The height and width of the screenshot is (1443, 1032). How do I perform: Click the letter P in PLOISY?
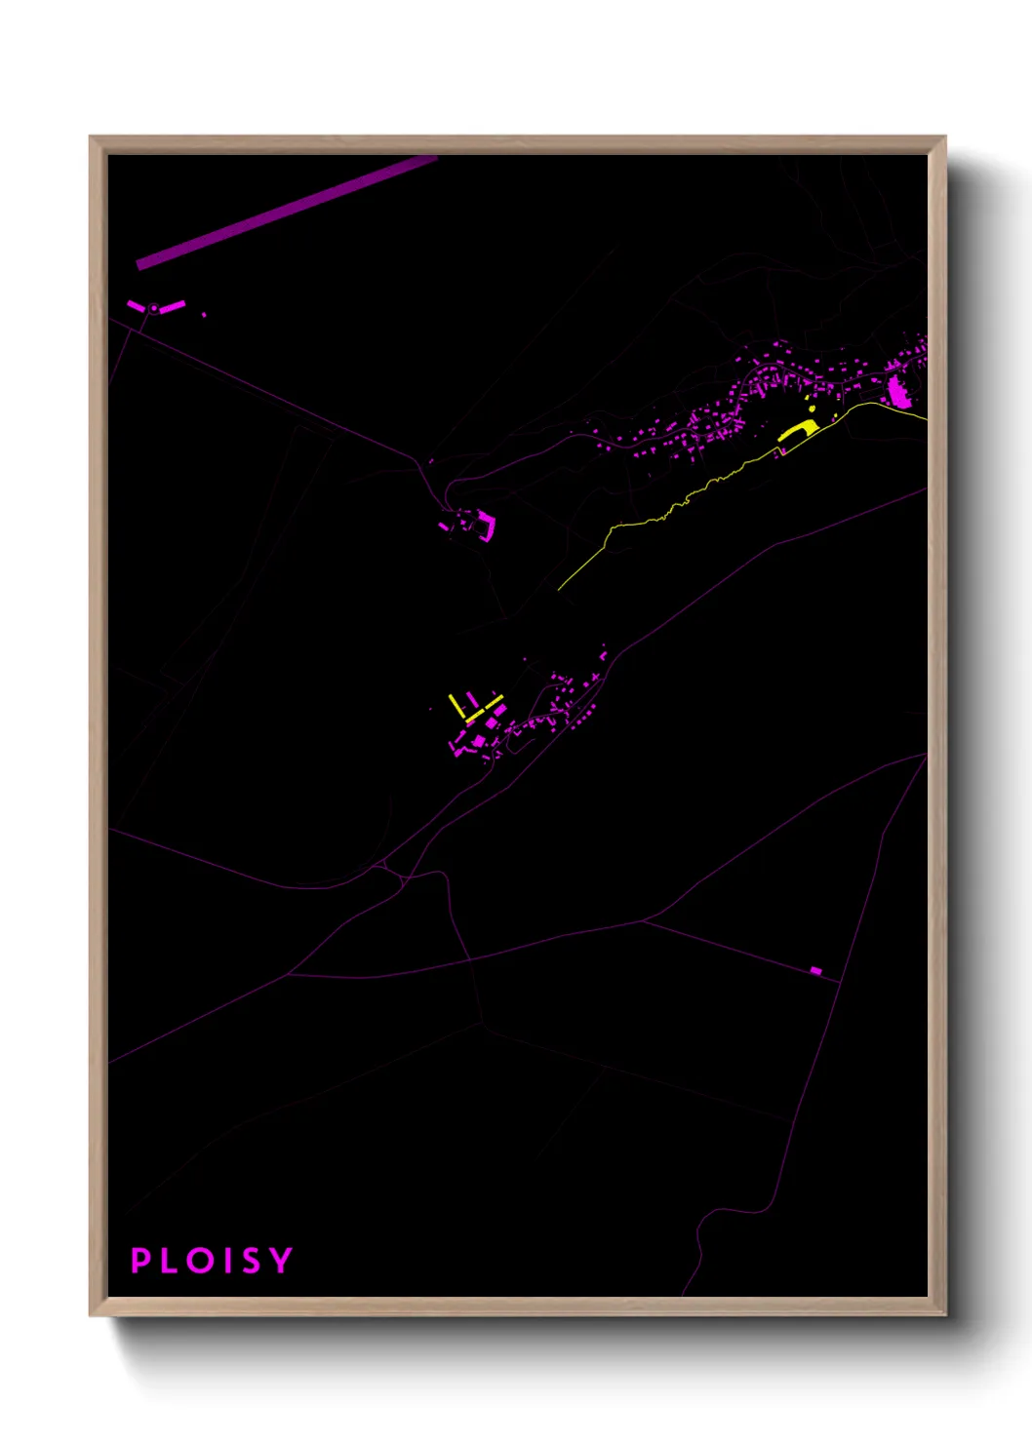click(140, 1260)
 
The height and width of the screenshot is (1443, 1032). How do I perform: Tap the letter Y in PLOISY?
click(281, 1260)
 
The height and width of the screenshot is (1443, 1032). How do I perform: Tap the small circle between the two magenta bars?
click(154, 309)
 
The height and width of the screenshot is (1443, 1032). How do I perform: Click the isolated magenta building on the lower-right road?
click(816, 970)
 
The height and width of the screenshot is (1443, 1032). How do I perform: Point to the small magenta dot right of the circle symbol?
click(204, 315)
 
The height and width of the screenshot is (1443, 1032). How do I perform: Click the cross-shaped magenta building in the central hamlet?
click(492, 724)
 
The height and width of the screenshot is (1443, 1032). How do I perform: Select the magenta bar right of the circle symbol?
click(173, 307)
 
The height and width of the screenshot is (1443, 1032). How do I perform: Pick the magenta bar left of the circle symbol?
click(136, 306)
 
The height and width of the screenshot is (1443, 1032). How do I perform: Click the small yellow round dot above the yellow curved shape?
click(812, 409)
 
